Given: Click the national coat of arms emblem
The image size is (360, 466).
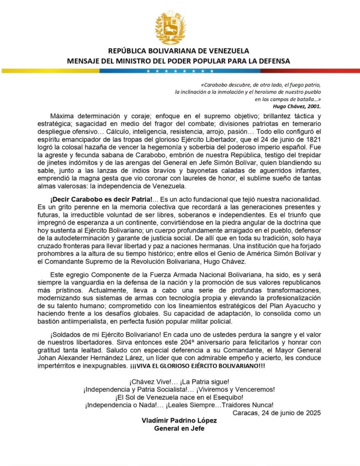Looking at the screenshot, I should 171,27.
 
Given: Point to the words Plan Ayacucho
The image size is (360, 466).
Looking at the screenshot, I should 291,303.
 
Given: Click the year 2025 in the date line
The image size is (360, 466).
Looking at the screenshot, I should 313,413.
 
